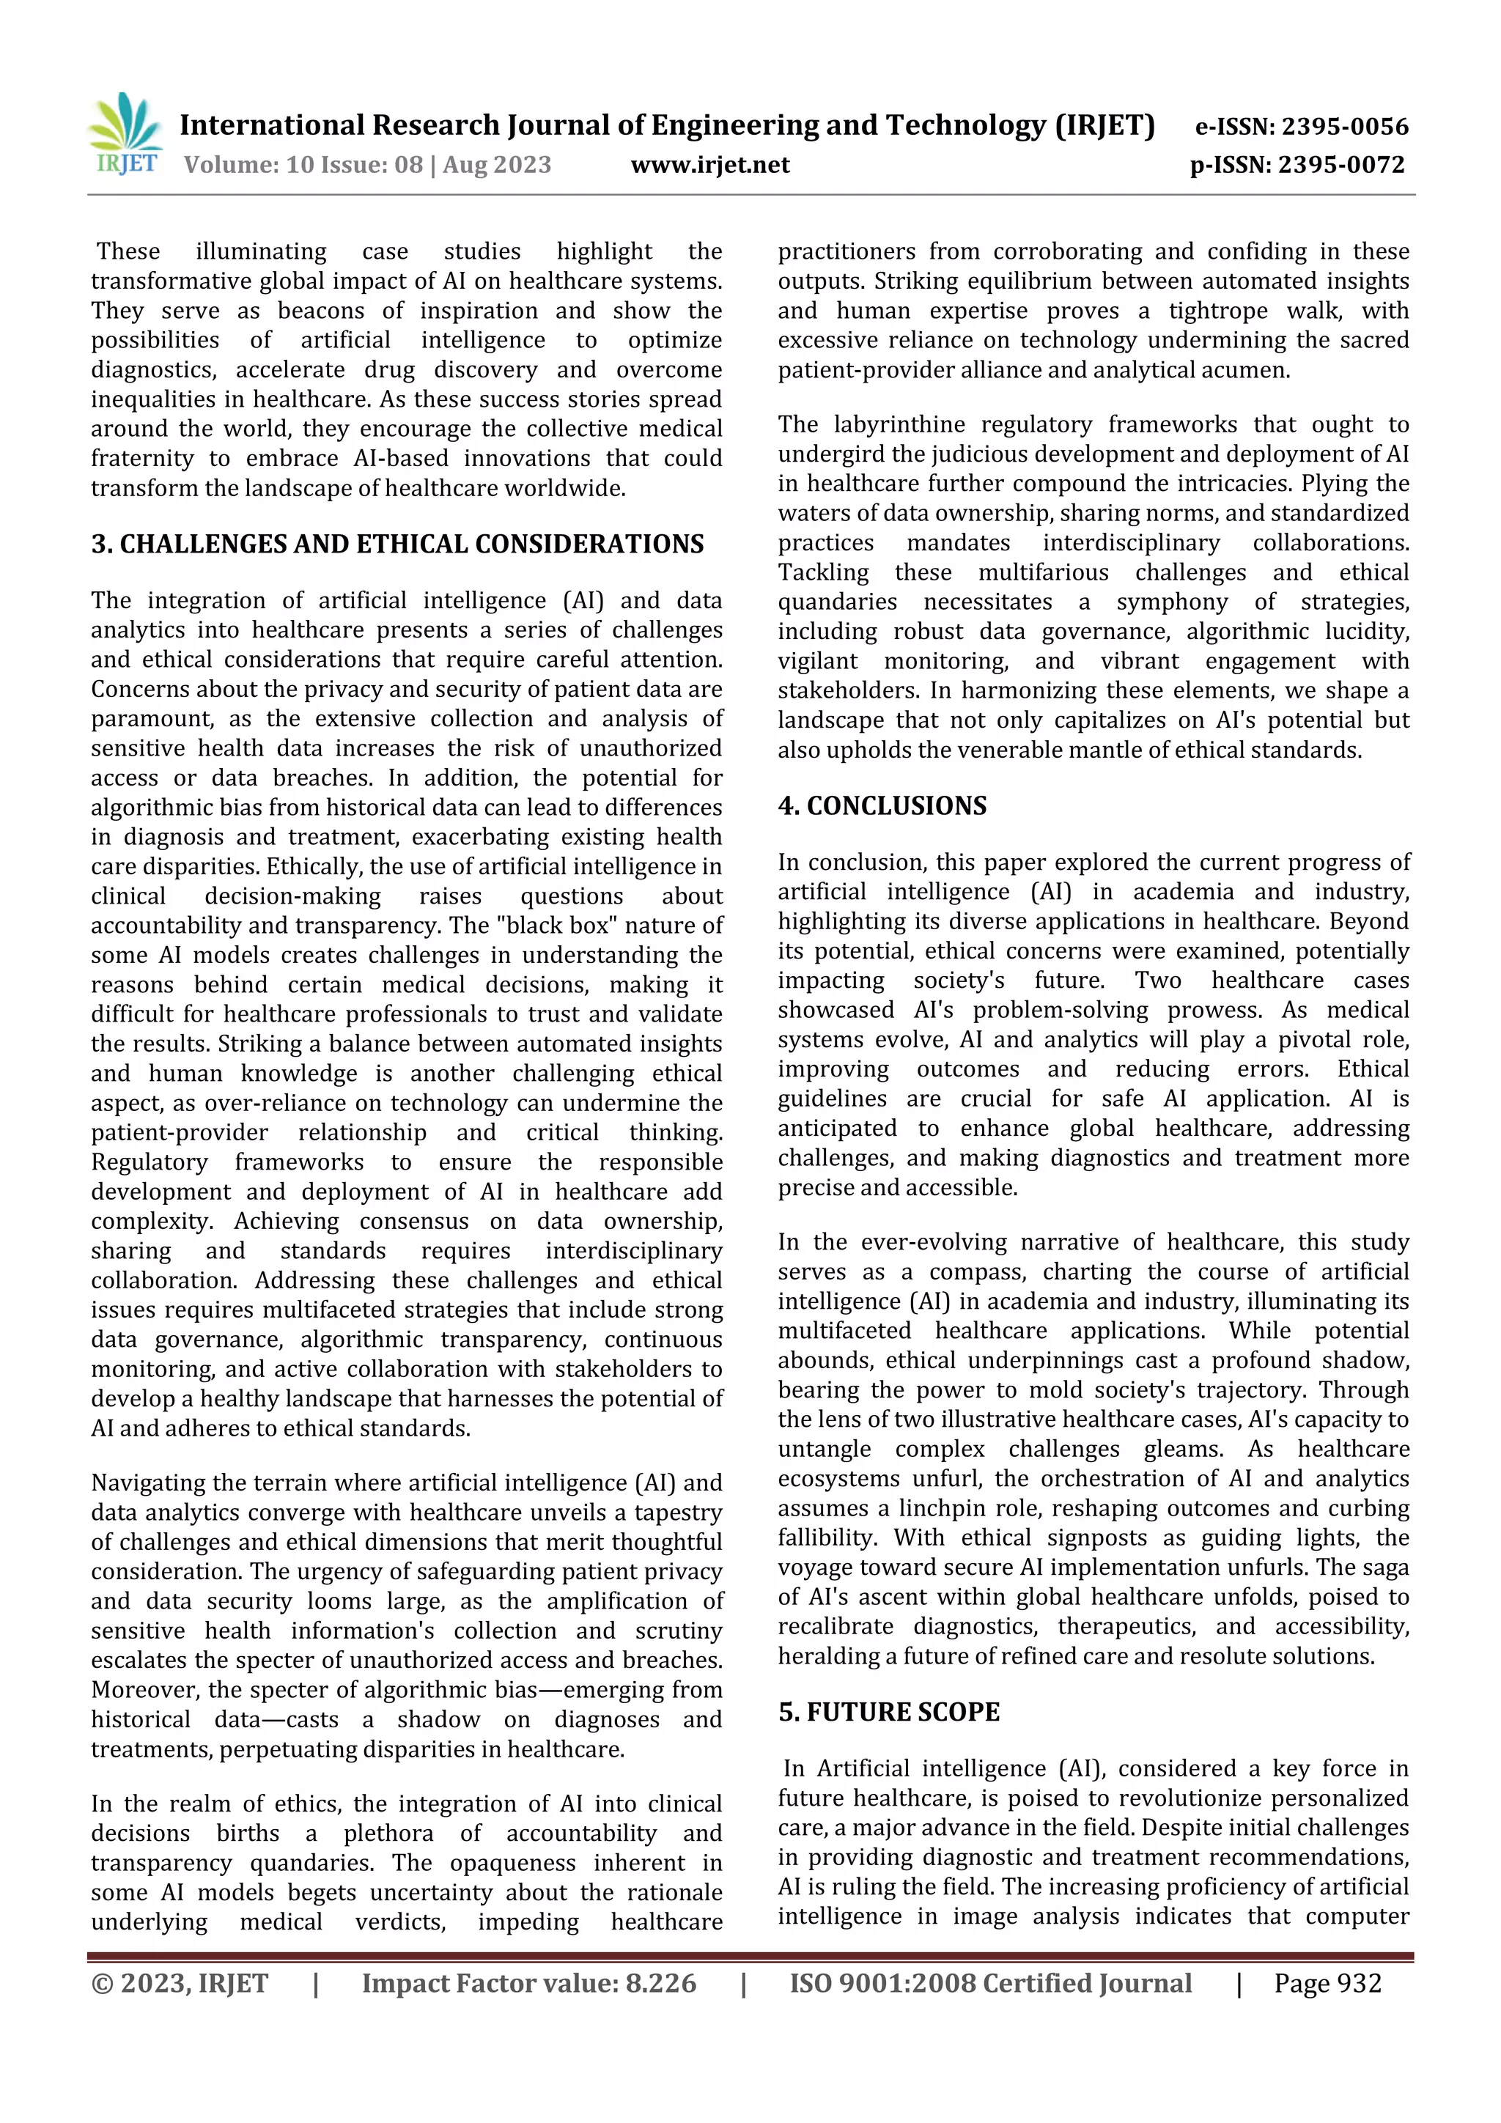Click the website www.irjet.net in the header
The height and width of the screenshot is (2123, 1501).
coord(709,166)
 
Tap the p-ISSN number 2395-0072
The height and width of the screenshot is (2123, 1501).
coord(1341,166)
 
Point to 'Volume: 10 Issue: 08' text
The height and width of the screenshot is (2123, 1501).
coord(303,166)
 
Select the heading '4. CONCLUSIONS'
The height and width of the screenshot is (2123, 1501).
coord(882,805)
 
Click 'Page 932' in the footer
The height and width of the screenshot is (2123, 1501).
coord(1327,1983)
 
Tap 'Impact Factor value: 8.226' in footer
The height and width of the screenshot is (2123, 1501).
coord(528,1983)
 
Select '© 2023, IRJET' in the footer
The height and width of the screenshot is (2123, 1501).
coord(180,1983)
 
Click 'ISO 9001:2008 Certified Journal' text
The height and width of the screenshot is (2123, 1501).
coord(989,1983)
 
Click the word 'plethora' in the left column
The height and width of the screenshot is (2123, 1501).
coord(388,1834)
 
